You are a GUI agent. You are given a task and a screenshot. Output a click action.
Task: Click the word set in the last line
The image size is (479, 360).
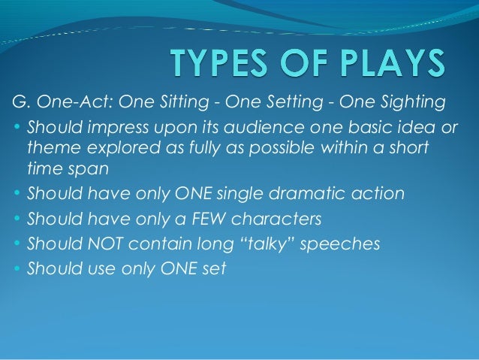(x=215, y=269)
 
